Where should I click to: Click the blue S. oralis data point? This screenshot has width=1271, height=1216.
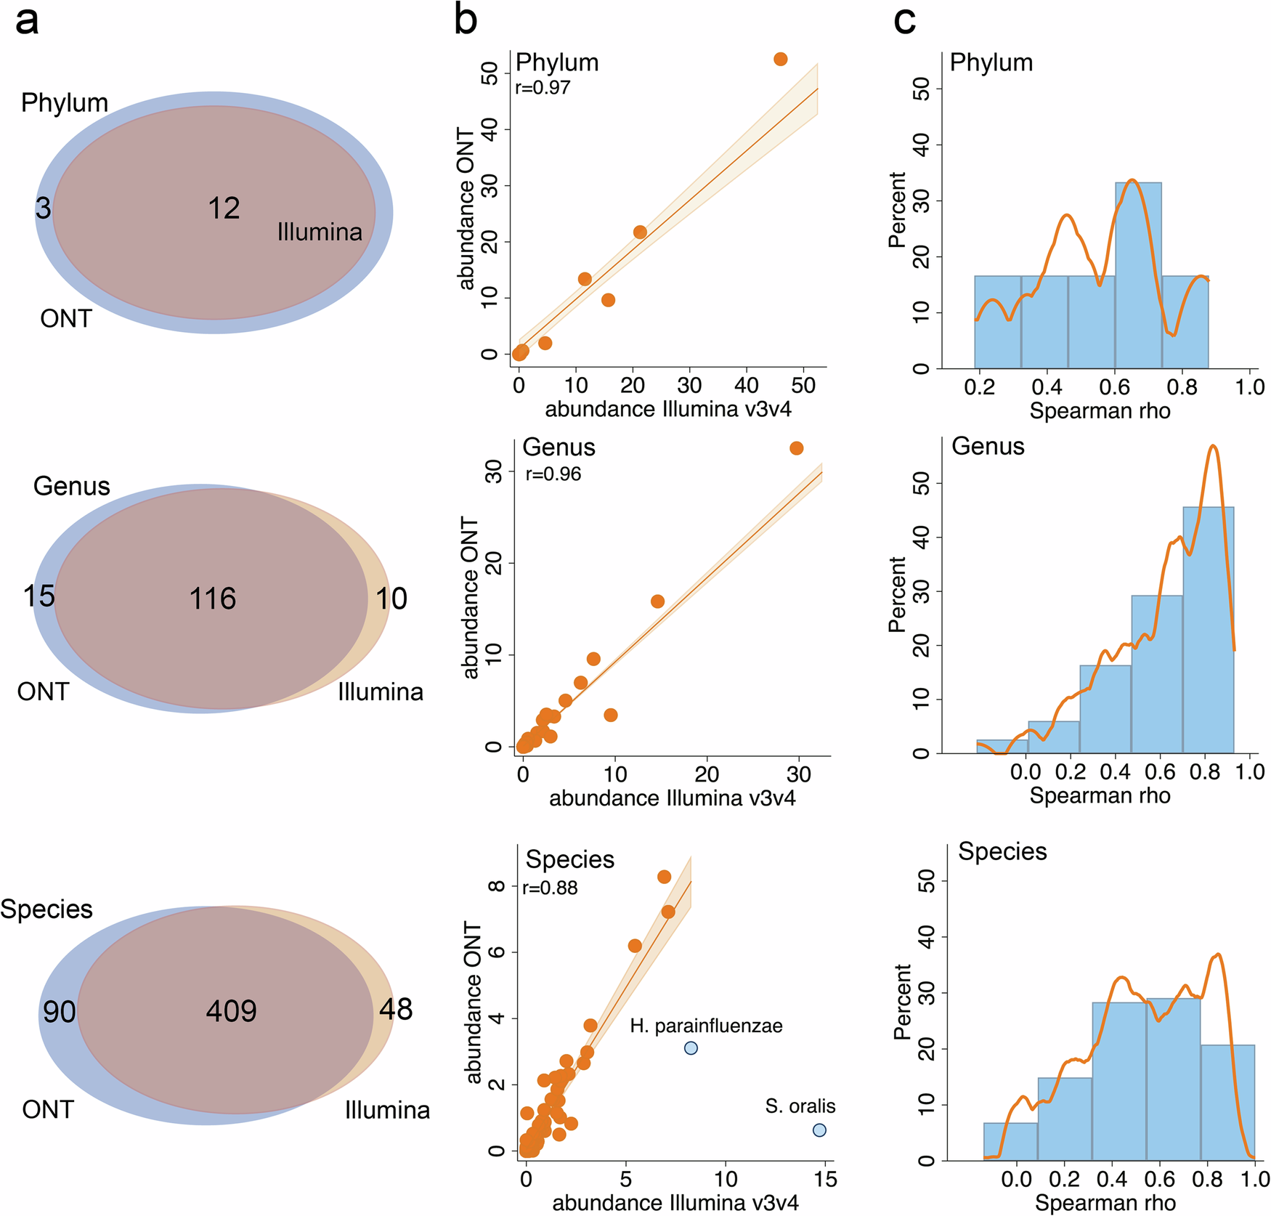click(819, 1130)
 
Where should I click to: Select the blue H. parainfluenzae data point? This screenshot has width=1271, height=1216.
click(691, 1047)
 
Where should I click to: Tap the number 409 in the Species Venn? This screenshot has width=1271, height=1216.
click(231, 1010)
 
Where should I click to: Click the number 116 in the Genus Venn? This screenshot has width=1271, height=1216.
click(212, 599)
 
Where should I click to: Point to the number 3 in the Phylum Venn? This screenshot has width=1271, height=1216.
click(44, 208)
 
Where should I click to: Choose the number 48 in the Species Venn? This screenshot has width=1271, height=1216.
click(396, 1008)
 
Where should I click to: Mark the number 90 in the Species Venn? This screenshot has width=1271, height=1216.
click(59, 1011)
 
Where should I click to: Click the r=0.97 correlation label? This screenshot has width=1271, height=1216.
click(543, 88)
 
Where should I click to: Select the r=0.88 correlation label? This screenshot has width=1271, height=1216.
click(550, 888)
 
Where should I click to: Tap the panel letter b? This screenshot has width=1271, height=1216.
click(466, 20)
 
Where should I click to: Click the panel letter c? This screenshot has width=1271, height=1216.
click(904, 20)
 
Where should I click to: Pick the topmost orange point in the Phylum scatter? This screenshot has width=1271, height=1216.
click(780, 59)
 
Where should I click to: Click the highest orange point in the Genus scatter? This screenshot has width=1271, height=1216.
click(796, 448)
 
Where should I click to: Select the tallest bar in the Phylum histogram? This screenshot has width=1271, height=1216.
click(1138, 276)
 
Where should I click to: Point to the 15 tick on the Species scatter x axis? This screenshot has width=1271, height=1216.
click(826, 1178)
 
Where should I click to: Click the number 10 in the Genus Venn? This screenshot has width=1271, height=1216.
click(391, 599)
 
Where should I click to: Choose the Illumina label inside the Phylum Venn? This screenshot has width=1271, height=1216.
click(320, 232)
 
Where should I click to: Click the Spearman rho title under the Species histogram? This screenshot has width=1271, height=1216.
click(1105, 1203)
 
